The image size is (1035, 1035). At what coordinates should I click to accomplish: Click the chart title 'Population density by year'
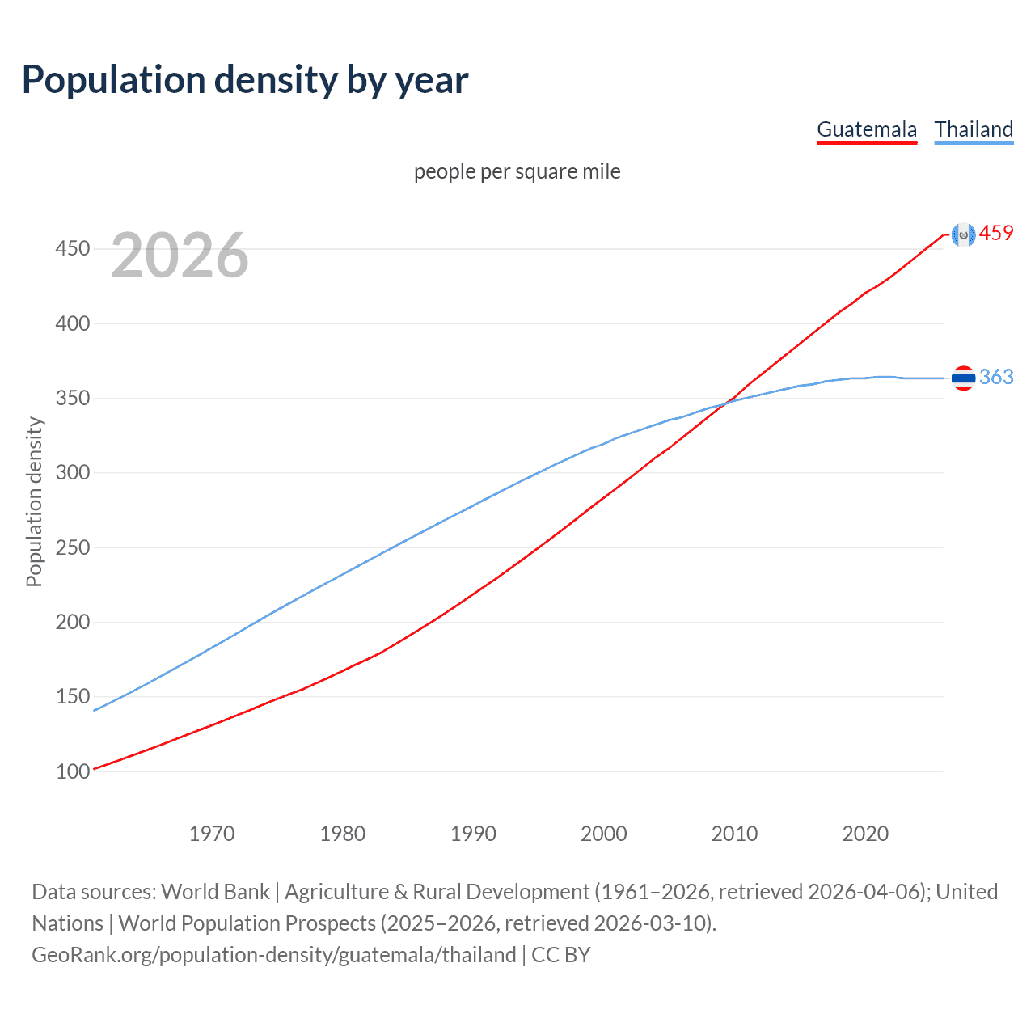[245, 80]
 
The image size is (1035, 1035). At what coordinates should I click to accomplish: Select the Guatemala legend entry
[867, 129]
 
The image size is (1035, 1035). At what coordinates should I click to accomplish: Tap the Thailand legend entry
[974, 129]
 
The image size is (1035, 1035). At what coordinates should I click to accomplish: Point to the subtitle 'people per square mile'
[517, 171]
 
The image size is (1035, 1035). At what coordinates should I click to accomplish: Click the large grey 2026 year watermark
[180, 256]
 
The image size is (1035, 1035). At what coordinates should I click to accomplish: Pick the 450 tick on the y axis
[72, 248]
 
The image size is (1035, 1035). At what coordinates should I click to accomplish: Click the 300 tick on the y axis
[72, 472]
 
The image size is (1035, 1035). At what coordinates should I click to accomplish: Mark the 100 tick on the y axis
[72, 771]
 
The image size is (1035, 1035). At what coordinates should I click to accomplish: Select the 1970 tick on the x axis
[212, 834]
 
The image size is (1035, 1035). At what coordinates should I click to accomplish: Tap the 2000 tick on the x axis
[604, 834]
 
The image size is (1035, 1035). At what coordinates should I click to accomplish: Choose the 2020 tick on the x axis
[865, 834]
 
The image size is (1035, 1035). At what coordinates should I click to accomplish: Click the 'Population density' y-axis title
[34, 501]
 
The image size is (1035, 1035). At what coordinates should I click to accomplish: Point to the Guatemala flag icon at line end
[963, 234]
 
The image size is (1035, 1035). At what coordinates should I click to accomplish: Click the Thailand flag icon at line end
[963, 378]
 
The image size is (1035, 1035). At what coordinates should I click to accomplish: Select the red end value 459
[996, 234]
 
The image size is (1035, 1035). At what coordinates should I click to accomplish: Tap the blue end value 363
[996, 377]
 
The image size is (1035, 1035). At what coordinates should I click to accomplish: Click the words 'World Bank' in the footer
[215, 892]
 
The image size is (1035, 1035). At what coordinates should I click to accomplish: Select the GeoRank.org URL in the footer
[273, 955]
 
